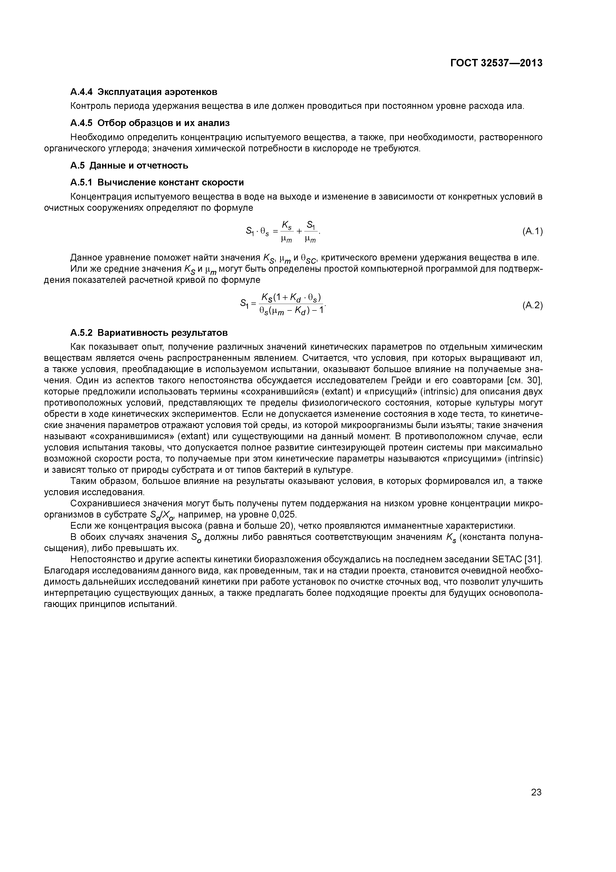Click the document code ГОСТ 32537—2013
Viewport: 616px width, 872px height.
(496, 63)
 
